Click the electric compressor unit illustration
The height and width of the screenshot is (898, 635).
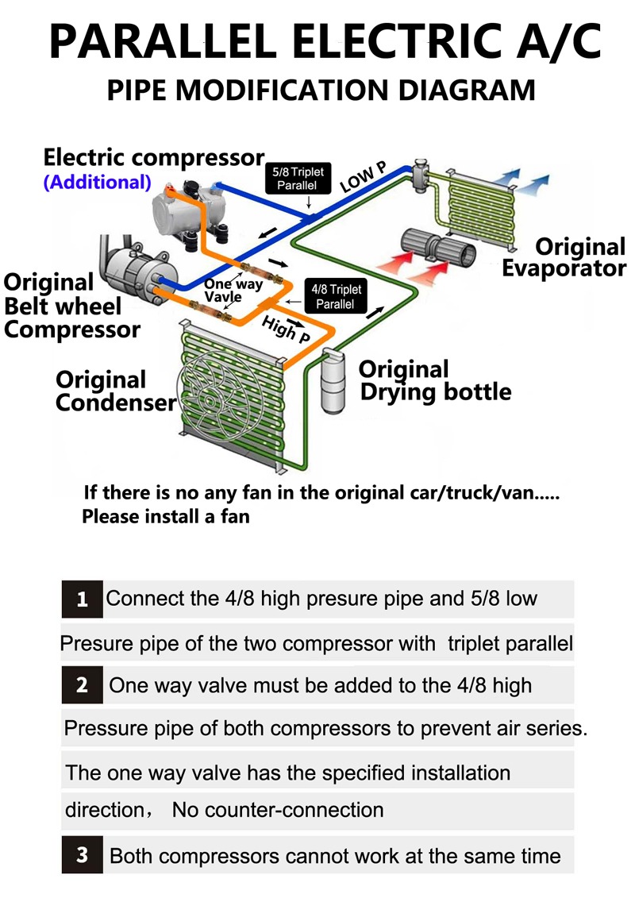tap(190, 210)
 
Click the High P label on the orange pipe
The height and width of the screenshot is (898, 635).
tap(287, 326)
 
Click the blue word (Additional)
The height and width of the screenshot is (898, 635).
tap(97, 182)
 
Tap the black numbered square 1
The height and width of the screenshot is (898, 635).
tap(82, 599)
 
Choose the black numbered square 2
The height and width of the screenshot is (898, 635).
tap(82, 684)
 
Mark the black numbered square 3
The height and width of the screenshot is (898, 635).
tap(82, 856)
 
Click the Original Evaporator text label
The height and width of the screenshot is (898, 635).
tap(564, 256)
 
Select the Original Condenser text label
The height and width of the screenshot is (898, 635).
tap(116, 391)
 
